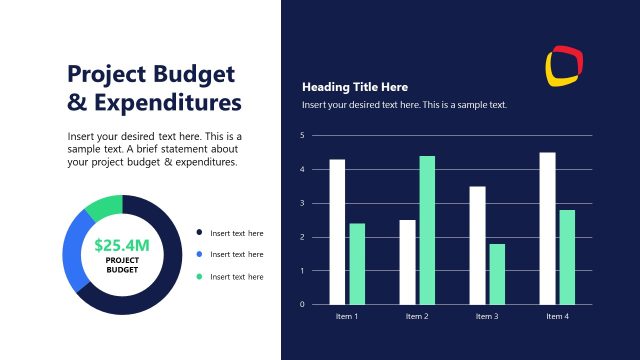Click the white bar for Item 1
click(x=337, y=231)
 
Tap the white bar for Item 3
click(x=477, y=245)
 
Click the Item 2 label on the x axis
click(x=417, y=316)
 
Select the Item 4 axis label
click(x=557, y=316)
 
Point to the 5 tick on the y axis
click(x=301, y=135)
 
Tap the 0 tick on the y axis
click(x=301, y=304)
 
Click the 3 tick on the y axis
click(x=301, y=203)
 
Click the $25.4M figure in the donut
click(x=122, y=244)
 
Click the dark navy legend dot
click(x=199, y=233)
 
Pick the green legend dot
click(x=199, y=276)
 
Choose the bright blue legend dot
click(x=199, y=254)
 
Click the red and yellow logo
click(x=564, y=65)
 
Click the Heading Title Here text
click(x=355, y=87)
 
